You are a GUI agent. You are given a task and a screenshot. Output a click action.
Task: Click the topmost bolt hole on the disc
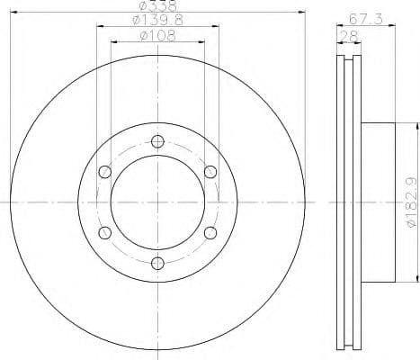[x=157, y=140]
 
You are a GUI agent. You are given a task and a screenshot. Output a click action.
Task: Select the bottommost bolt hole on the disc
[x=157, y=263]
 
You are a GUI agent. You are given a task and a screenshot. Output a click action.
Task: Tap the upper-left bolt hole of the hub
[x=104, y=172]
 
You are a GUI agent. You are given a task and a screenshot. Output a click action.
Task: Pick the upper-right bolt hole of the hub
[x=210, y=172]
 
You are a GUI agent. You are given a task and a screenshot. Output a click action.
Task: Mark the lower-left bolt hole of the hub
[x=104, y=232]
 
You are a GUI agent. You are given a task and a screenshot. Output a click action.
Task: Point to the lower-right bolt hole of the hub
[x=210, y=232]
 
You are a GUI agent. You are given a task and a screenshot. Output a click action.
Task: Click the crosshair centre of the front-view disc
[x=157, y=202]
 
